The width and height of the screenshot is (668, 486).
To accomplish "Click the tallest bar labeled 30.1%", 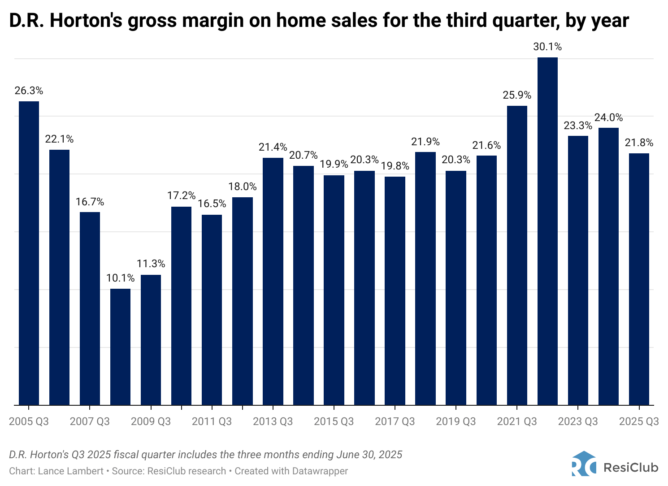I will pos(547,231).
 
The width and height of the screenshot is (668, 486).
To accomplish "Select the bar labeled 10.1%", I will pos(120,347).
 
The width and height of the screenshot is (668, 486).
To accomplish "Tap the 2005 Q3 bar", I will pos(29,253).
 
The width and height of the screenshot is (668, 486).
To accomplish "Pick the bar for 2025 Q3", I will pos(639,279).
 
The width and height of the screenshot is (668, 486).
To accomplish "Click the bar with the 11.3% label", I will pos(151,340).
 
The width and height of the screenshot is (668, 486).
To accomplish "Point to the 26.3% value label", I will pos(29,91).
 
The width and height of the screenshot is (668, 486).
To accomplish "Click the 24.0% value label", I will pos(608,117).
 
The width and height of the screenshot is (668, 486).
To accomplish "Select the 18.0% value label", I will pos(243,187).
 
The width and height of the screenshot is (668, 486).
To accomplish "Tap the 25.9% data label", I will pos(517,95).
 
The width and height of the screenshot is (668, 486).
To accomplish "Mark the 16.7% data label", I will pos(90,202).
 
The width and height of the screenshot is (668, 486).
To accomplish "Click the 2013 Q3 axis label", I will pos(273,421).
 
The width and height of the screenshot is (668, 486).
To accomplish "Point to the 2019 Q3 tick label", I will pos(456,421).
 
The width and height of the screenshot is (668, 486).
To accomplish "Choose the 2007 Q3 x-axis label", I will pos(90,421).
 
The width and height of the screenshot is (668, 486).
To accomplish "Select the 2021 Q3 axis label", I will pos(517,421).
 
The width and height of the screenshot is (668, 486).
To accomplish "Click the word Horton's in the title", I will pos(86,21).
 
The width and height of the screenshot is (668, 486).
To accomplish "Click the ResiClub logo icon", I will pos(584,464).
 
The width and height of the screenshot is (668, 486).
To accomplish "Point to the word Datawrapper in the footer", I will pos(320,471).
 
